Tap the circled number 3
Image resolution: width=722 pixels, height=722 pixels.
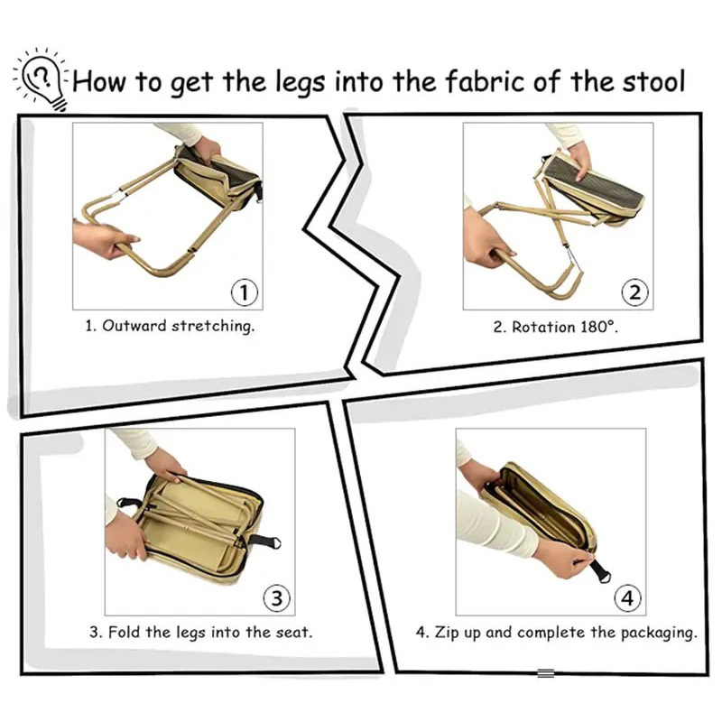(276, 597)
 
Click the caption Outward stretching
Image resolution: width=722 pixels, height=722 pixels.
(170, 326)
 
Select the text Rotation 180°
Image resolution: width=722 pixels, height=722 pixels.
(555, 327)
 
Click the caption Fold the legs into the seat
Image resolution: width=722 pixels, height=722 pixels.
(200, 632)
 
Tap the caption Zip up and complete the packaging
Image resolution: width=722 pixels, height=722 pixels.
(556, 632)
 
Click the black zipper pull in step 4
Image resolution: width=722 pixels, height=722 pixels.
(597, 570)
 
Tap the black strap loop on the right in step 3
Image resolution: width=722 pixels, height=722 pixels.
(267, 542)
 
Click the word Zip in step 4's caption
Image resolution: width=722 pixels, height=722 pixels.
(449, 632)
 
